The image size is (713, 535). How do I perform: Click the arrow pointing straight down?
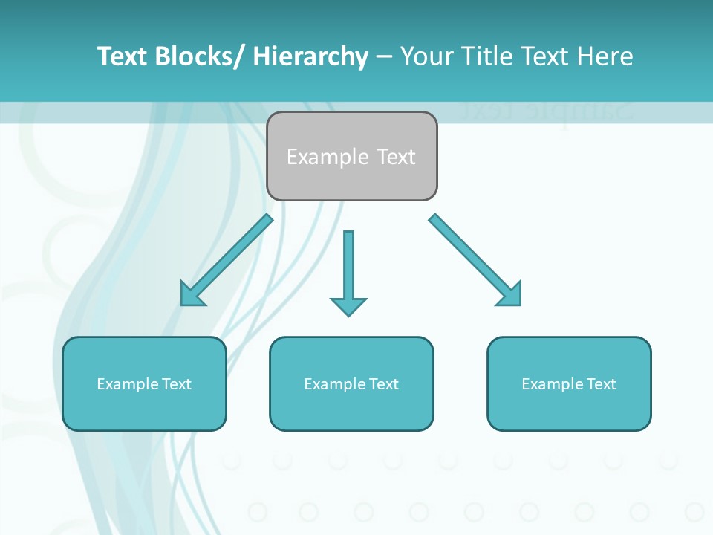(x=348, y=271)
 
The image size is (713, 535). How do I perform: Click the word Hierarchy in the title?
(x=310, y=56)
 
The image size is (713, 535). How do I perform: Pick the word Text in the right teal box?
(x=600, y=384)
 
